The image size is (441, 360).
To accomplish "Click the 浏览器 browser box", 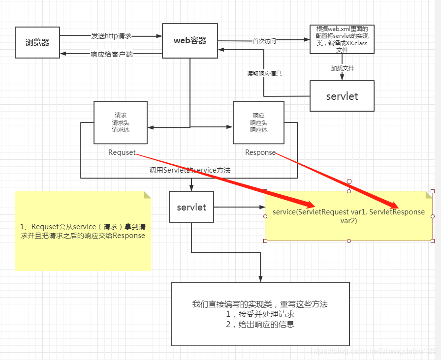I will pyautogui.click(x=37, y=42).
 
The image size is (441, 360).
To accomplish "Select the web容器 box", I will pyautogui.click(x=190, y=40).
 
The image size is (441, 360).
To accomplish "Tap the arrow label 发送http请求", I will pyautogui.click(x=111, y=36).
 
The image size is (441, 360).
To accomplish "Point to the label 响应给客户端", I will pyautogui.click(x=112, y=54).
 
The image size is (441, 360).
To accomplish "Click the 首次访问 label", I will pyautogui.click(x=264, y=41).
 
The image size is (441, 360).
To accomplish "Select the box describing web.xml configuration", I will pyautogui.click(x=342, y=39).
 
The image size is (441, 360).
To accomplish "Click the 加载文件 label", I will pyautogui.click(x=342, y=68).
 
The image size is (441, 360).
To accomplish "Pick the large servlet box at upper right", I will pyautogui.click(x=342, y=96).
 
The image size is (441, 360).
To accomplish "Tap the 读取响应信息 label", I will pyautogui.click(x=264, y=74).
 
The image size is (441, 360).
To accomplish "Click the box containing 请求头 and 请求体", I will pyautogui.click(x=121, y=122).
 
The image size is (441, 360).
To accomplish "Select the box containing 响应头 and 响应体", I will pyautogui.click(x=258, y=122).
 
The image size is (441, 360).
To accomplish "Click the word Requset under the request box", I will pyautogui.click(x=122, y=152).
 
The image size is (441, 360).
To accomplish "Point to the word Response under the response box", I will pyautogui.click(x=260, y=152).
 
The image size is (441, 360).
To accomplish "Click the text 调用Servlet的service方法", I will pyautogui.click(x=190, y=170).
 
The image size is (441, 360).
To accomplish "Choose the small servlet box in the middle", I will pyautogui.click(x=191, y=207).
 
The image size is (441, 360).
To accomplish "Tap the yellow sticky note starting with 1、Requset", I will pyautogui.click(x=83, y=231).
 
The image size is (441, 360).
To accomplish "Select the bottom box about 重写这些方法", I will pyautogui.click(x=260, y=314).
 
